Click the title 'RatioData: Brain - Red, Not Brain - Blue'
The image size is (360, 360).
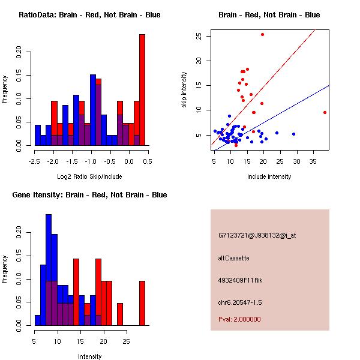[x=89, y=15]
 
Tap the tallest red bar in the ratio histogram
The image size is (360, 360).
[x=142, y=89]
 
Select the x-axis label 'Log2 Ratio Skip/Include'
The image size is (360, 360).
[x=89, y=177]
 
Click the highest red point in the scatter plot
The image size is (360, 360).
[x=262, y=35]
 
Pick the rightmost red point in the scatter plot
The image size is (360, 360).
[x=325, y=112]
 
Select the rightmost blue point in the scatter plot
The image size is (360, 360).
[x=293, y=134]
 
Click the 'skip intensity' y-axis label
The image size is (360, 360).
[x=185, y=90]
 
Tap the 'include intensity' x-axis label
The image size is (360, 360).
[x=269, y=177]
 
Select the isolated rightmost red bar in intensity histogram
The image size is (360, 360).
[x=142, y=303]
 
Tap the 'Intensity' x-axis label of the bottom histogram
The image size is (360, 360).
[x=89, y=357]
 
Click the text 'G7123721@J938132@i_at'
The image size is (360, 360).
[x=257, y=235]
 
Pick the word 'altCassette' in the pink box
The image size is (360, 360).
[x=233, y=258]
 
